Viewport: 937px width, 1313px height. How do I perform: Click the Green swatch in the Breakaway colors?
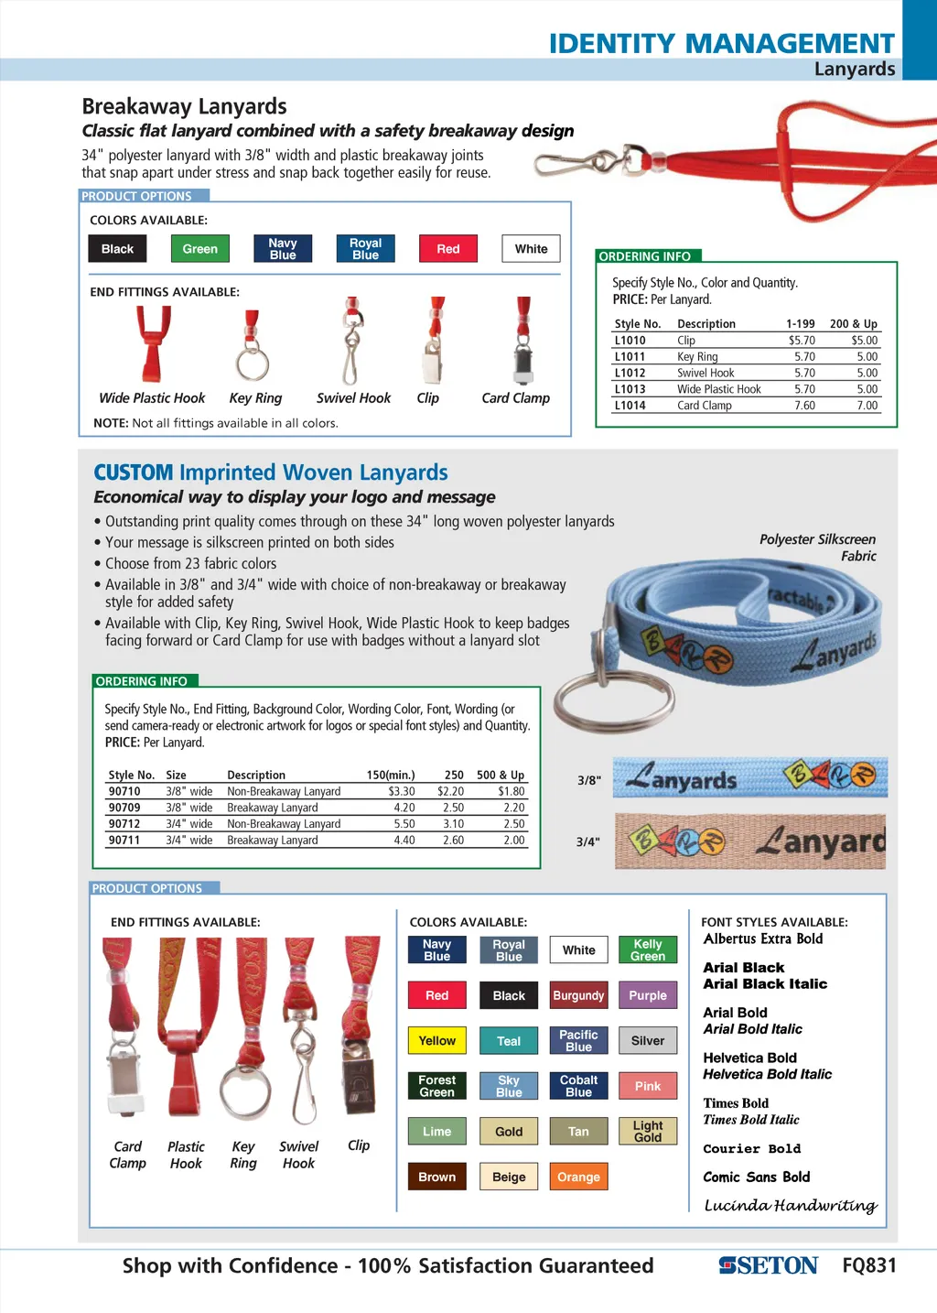coord(199,249)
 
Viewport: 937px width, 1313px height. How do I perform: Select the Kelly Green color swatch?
coord(647,950)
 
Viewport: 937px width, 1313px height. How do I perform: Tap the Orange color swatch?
coord(578,1177)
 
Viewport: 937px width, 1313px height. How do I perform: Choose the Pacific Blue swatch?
coord(578,1041)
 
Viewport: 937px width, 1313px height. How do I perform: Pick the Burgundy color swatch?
coord(578,995)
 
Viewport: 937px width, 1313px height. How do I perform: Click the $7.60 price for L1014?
coord(804,406)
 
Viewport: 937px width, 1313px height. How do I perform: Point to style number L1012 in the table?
coord(630,374)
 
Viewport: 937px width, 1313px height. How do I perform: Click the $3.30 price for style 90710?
coord(401,792)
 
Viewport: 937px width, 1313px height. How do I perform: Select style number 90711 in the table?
coord(124,841)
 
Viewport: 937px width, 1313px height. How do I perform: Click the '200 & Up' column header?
coord(853,324)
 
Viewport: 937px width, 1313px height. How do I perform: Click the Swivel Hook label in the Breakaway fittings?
coord(353,398)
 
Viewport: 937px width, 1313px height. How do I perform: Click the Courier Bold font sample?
coord(751,1149)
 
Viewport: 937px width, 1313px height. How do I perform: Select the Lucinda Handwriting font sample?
coord(790,1206)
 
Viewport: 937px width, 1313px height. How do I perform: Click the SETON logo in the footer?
coord(769,1265)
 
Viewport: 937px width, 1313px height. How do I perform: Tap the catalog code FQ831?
coord(869,1265)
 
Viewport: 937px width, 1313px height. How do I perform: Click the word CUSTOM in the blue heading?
coord(134,472)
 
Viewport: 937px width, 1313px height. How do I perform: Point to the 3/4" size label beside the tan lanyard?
coord(588,841)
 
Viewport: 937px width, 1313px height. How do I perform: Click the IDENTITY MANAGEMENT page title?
coord(721,43)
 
